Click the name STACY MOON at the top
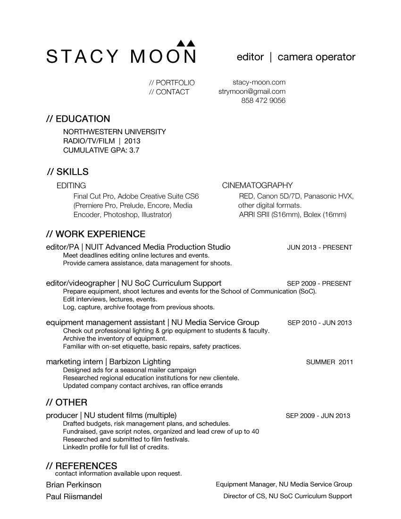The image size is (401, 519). click(x=121, y=57)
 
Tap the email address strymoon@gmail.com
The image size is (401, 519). click(x=252, y=92)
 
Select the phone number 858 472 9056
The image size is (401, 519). click(x=263, y=100)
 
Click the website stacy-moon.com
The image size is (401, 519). click(x=259, y=83)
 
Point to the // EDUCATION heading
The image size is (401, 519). click(x=78, y=119)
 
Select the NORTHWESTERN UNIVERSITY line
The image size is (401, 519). click(x=115, y=132)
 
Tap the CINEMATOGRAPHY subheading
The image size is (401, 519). click(x=257, y=185)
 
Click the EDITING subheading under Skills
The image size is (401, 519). click(x=71, y=185)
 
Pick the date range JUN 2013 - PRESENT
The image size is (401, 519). click(x=319, y=247)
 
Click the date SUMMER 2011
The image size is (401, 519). click(x=329, y=362)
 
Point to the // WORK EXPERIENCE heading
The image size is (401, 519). click(x=96, y=234)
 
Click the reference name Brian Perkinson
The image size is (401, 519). click(x=74, y=485)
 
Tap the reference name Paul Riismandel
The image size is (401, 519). click(x=74, y=496)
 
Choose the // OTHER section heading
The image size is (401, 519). click(x=67, y=402)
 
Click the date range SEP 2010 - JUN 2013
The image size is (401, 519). click(x=319, y=323)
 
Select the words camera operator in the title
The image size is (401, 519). click(x=316, y=57)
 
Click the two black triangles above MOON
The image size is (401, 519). click(x=185, y=43)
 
